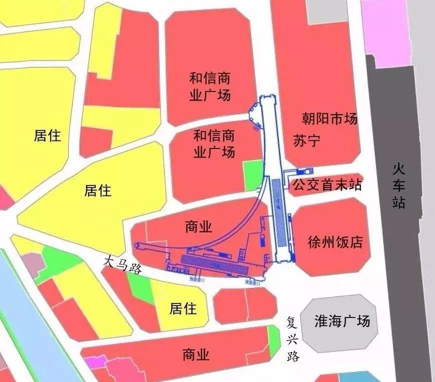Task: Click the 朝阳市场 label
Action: point(329,119)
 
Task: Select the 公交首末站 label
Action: point(327,185)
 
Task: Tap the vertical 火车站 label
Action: point(399,186)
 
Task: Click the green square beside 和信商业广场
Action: point(253,175)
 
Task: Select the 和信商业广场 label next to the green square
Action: point(214,143)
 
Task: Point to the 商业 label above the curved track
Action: point(198,227)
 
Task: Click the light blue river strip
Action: point(30,325)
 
